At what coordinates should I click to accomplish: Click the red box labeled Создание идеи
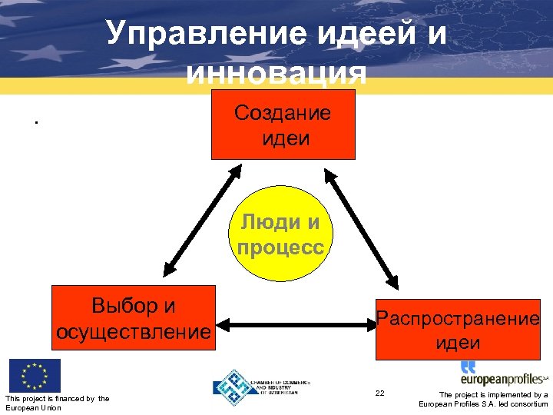tap(283, 124)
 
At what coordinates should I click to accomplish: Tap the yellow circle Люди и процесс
tap(280, 235)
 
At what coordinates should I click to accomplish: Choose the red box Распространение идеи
tap(458, 330)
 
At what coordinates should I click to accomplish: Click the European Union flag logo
tap(35, 376)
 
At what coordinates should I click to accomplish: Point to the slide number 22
tap(379, 393)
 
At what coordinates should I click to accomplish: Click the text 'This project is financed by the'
tap(57, 398)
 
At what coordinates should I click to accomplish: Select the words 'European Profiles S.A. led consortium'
tap(483, 404)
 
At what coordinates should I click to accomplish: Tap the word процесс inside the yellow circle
tap(280, 248)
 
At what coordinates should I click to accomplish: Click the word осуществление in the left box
tap(133, 332)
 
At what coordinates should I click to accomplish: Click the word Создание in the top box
tap(283, 114)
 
